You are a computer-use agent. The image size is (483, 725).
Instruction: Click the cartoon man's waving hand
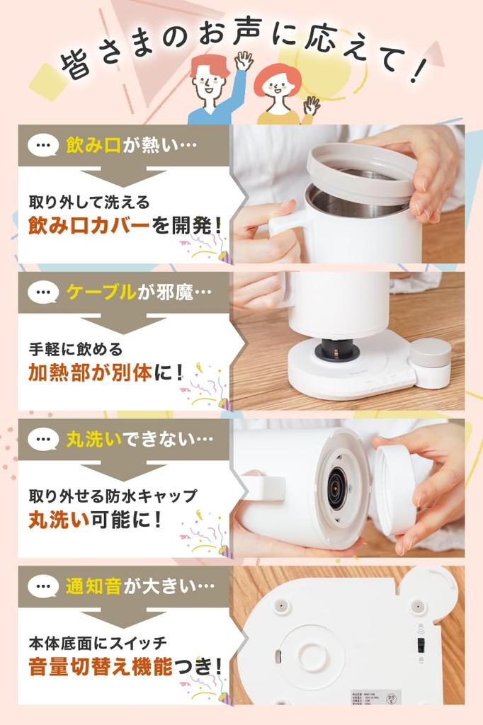pos(243,62)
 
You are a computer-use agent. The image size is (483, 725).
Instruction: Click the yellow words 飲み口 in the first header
pos(92,146)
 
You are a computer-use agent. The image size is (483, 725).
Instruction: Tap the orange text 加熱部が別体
pos(100,372)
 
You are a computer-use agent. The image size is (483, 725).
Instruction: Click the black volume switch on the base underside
pos(420,644)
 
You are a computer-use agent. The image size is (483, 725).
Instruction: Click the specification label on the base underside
pos(368,698)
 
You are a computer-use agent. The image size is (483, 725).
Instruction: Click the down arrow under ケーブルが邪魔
pos(123,324)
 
